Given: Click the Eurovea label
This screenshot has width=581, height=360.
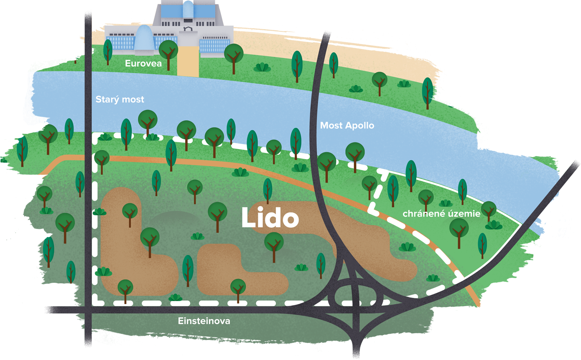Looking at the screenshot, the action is [x=143, y=63].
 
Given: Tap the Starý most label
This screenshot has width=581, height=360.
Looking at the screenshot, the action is [x=120, y=99].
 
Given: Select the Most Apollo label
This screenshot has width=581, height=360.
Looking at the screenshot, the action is [x=347, y=126].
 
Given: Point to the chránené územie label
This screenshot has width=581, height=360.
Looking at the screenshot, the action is [x=441, y=213].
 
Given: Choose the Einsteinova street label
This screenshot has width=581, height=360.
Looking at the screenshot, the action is [x=204, y=321].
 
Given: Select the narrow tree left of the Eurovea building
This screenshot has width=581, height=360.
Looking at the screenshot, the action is [x=108, y=52].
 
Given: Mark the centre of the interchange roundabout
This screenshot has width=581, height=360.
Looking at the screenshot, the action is [x=355, y=296].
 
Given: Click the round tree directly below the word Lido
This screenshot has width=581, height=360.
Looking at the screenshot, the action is [x=274, y=247].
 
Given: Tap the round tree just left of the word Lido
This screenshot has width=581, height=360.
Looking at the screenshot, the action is [x=218, y=217].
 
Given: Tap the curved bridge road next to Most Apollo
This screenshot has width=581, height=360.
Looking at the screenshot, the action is [x=318, y=145].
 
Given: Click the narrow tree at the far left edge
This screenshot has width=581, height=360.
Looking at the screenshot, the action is [x=22, y=151].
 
